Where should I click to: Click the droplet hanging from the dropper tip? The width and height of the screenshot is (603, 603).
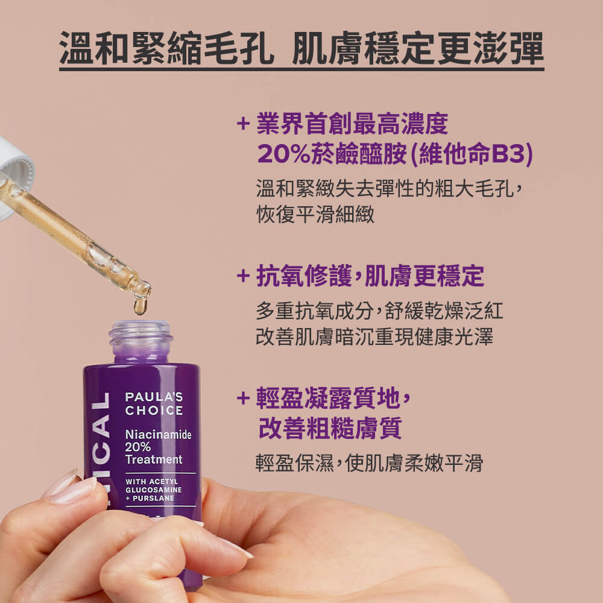click(x=140, y=306)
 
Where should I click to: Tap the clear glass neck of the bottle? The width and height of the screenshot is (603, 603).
click(x=140, y=341)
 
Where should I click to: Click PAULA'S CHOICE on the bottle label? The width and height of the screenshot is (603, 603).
click(x=154, y=403)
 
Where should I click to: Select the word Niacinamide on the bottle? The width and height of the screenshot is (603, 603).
click(x=158, y=434)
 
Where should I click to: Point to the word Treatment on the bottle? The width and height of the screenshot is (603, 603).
click(x=153, y=459)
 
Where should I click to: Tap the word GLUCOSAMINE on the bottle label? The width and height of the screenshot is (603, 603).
click(x=153, y=490)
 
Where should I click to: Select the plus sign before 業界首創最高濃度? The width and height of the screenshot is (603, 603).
click(x=243, y=124)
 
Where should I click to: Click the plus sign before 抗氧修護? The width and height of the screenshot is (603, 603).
click(x=243, y=277)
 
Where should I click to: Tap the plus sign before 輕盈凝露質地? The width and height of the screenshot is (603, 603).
click(x=243, y=398)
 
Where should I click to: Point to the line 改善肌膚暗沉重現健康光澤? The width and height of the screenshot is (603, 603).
click(x=374, y=336)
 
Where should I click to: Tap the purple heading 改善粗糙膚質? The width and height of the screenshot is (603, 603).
click(x=330, y=428)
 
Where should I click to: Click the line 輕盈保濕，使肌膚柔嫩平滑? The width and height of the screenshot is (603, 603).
click(x=369, y=463)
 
